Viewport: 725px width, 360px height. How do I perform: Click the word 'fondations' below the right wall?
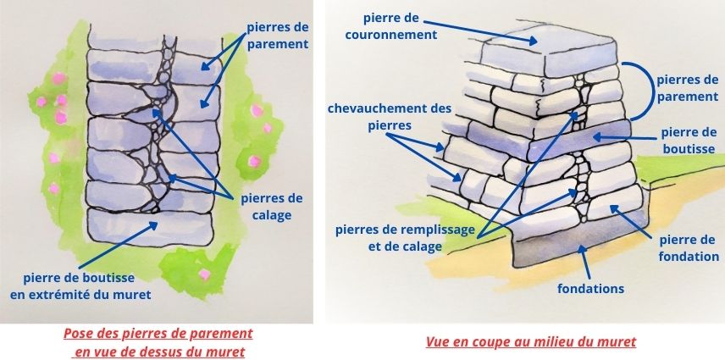pyautogui.click(x=590, y=289)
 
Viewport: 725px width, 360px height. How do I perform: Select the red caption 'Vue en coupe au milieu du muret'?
pyautogui.click(x=530, y=341)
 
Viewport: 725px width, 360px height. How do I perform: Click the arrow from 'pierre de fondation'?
pyautogui.click(x=630, y=221)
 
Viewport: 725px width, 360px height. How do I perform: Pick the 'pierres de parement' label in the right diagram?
pyautogui.click(x=688, y=87)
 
